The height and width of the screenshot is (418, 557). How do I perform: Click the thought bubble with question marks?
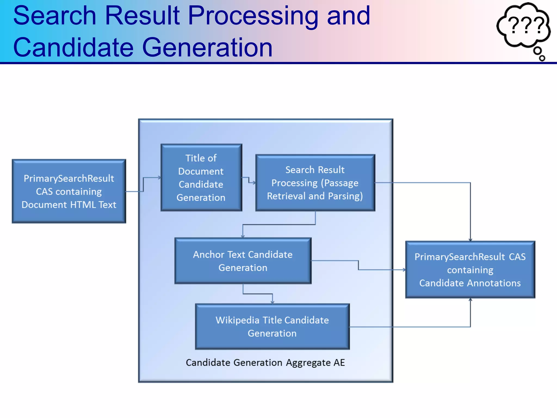pos(524,26)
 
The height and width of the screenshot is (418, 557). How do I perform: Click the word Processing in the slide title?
pos(253,16)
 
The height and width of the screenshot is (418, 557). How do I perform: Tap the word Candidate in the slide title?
pos(73,48)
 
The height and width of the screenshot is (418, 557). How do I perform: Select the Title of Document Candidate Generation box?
pos(201,177)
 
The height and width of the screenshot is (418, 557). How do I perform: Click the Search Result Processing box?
pos(315,183)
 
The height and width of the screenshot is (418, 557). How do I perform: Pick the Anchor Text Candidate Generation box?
pos(243,261)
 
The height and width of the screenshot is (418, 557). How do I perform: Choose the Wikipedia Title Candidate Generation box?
pos(272,327)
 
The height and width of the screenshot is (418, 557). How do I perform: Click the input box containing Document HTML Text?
pos(69,191)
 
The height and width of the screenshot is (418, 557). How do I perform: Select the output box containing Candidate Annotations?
pos(470,270)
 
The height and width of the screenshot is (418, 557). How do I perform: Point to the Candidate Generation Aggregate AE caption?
pos(265,362)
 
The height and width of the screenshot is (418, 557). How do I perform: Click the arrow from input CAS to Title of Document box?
pos(143,185)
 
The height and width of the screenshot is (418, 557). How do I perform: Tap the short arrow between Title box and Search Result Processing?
pos(249,180)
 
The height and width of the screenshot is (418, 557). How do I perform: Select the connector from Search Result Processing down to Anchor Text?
pos(279,225)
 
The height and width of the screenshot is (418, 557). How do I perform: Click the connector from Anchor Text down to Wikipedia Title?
pos(258,294)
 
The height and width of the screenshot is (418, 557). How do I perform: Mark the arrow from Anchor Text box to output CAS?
pos(358,265)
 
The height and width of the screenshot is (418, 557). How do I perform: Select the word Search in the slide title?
pos(54,16)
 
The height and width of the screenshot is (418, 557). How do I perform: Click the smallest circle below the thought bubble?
pos(542,58)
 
